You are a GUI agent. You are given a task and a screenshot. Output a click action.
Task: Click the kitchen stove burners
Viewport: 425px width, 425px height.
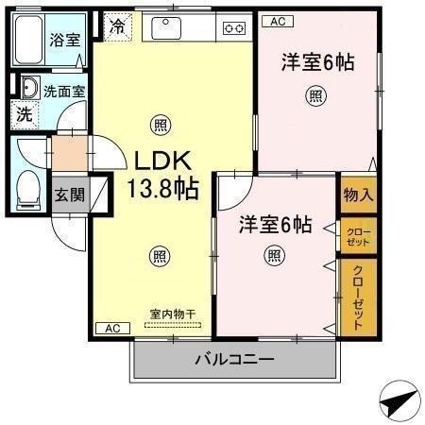(232, 28)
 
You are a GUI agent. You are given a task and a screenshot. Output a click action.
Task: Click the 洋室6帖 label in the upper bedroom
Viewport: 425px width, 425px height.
(317, 63)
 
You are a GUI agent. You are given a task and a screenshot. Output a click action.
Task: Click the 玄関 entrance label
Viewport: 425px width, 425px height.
(67, 195)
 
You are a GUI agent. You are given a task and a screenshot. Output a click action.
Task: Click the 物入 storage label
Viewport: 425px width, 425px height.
(358, 195)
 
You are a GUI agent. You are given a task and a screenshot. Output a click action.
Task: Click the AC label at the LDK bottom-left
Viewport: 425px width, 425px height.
(111, 328)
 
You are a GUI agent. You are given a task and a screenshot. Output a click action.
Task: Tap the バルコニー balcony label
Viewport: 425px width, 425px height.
(234, 359)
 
